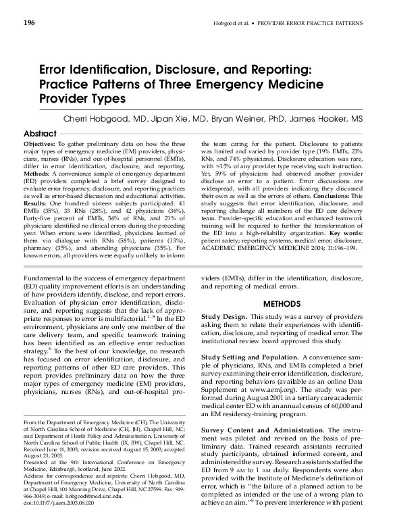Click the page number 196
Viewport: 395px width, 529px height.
[29, 24]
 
